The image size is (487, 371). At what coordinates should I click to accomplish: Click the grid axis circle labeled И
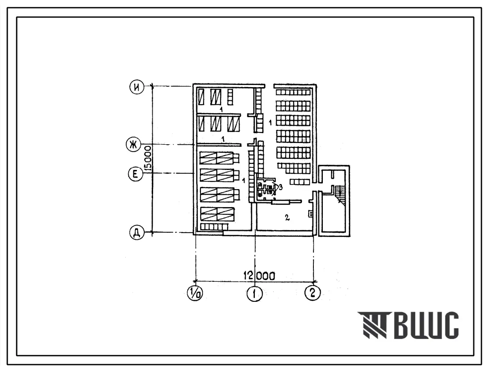pos(137,88)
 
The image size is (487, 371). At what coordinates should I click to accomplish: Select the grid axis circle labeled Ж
pos(133,145)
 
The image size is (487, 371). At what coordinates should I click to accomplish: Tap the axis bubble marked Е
pos(136,174)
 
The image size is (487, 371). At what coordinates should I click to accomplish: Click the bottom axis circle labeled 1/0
pos(195,293)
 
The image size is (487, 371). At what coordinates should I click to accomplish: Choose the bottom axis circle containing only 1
pos(255,293)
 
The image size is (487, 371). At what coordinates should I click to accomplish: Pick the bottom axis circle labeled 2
pos(313,292)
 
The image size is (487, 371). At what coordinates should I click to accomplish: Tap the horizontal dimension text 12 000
pos(260,276)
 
